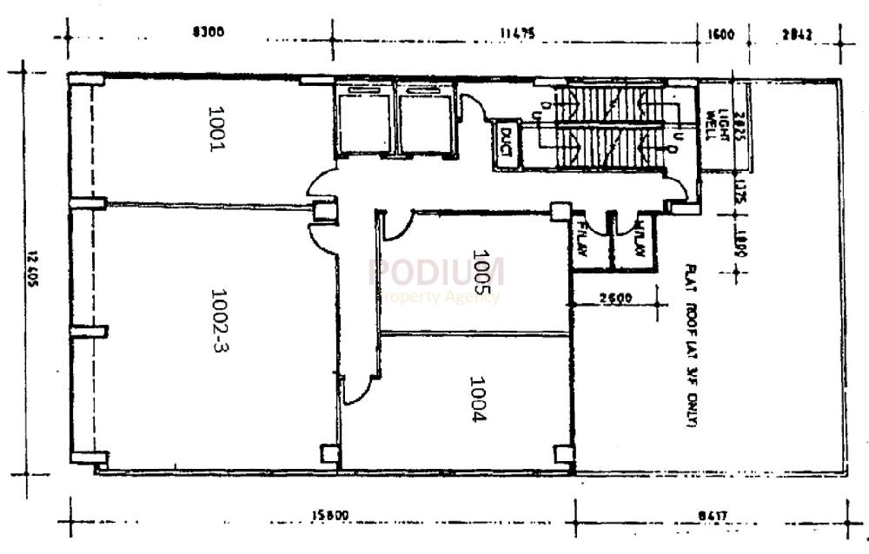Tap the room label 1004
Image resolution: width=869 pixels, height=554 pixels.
478,399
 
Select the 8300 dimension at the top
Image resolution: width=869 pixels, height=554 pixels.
209,34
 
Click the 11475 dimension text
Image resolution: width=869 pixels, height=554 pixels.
516,34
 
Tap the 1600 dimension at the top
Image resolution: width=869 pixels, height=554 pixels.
721,35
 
